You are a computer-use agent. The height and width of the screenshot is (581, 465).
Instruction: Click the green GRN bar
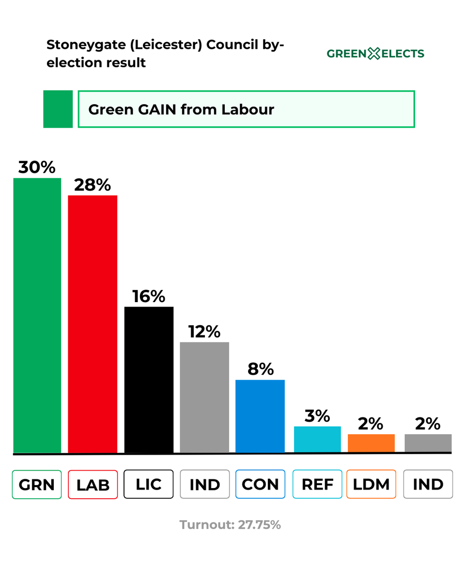coord(37,315)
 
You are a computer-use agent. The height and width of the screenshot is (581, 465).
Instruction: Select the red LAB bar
coord(93,324)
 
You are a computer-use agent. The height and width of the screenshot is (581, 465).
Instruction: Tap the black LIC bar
coord(149,380)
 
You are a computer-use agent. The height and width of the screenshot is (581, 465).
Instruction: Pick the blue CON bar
coord(260,416)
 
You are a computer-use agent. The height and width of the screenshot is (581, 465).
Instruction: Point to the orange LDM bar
coord(372,443)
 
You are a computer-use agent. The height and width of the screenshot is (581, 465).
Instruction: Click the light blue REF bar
coord(317,439)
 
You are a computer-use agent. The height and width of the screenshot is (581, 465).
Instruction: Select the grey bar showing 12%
coord(204,397)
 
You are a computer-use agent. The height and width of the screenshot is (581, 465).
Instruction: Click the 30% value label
coord(37,167)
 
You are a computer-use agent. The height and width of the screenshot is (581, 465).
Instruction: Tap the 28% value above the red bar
coord(93,184)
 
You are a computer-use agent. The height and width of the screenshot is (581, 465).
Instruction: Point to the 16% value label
coord(149,296)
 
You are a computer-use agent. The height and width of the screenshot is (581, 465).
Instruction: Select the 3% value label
coord(317,415)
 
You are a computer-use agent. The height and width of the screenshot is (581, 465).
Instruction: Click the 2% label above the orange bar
coord(372,424)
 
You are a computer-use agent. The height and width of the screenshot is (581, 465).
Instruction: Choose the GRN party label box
coord(37,484)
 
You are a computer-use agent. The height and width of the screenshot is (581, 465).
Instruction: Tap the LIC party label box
coord(149,484)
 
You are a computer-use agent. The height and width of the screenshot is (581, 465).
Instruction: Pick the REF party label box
coord(318,484)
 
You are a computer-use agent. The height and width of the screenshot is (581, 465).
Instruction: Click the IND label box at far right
coord(428,484)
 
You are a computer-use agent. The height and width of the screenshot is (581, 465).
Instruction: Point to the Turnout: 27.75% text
coord(230,525)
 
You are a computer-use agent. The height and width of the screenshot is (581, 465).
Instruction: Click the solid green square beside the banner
coord(58,109)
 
